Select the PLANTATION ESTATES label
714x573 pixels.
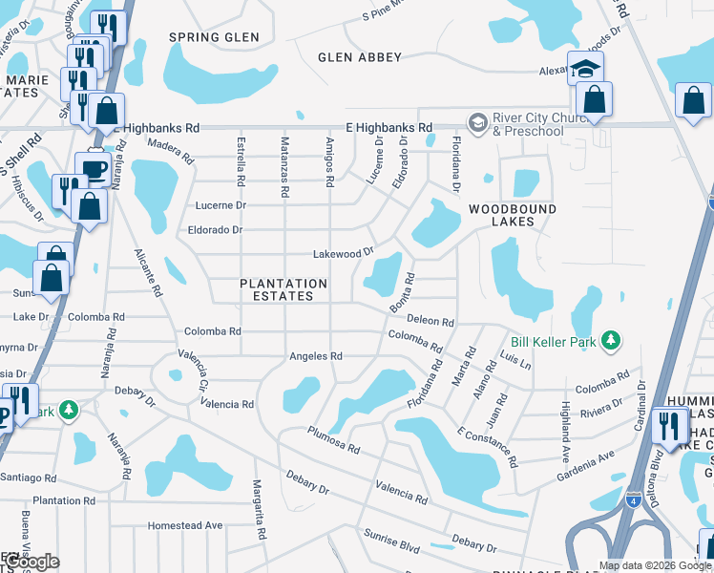pyautogui.click(x=283, y=289)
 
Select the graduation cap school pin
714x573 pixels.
pyautogui.click(x=585, y=68)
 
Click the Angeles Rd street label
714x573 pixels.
pyautogui.click(x=316, y=356)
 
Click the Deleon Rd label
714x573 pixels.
pyautogui.click(x=430, y=322)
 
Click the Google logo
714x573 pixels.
pyautogui.click(x=31, y=562)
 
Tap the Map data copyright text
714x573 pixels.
pyautogui.click(x=654, y=565)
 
